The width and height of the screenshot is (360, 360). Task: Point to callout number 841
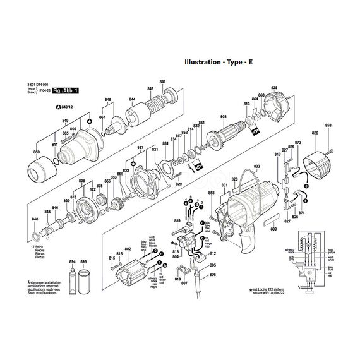pos(162,83)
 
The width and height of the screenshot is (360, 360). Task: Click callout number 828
pos(273,87)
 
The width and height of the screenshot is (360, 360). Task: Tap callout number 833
pos(256,167)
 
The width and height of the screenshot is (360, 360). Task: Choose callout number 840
pos(34,219)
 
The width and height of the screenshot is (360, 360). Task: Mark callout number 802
pos(128,249)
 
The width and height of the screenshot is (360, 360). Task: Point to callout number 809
pos(273,228)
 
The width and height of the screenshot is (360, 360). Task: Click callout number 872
pos(297,143)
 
